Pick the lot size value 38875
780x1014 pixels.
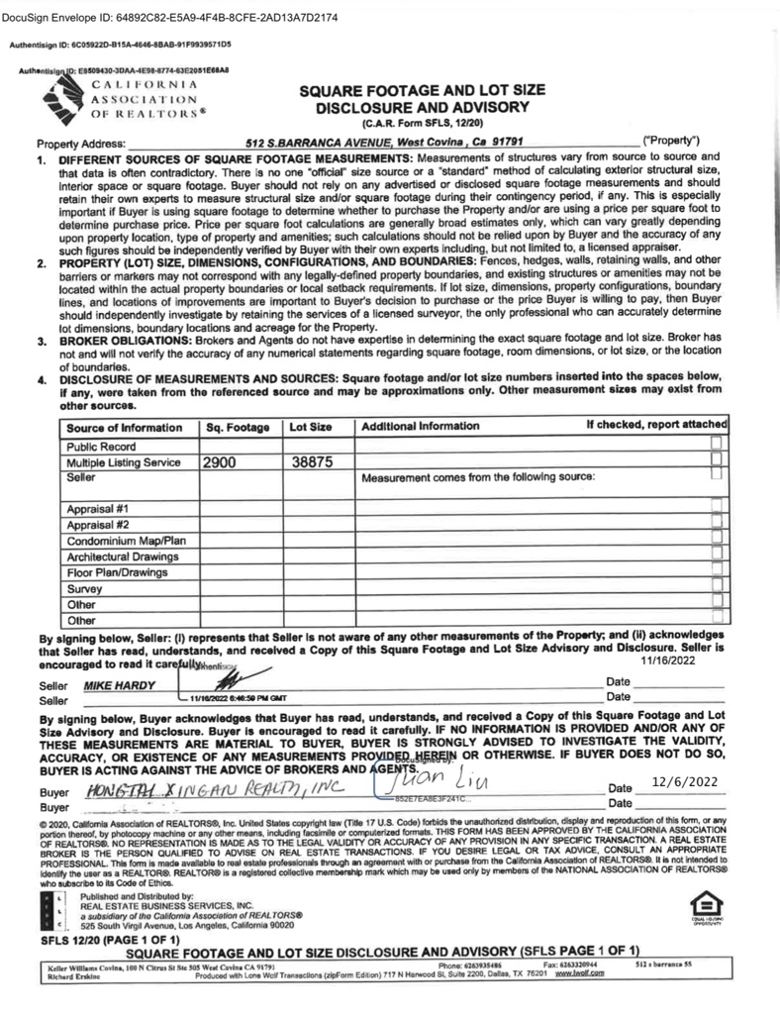click(x=312, y=462)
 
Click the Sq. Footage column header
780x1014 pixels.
click(x=238, y=427)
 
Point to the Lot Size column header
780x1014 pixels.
click(x=310, y=427)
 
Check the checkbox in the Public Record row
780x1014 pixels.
click(x=718, y=444)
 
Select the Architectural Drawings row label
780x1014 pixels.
click(x=122, y=557)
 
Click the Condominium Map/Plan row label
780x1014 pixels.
click(x=126, y=541)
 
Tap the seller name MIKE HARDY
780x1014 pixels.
click(x=120, y=685)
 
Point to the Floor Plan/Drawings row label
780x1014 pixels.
click(x=116, y=572)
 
